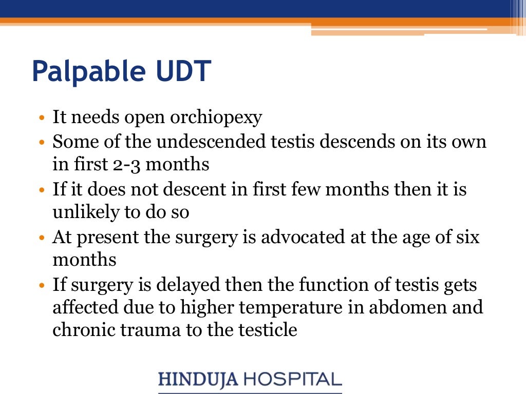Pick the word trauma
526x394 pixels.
(146, 330)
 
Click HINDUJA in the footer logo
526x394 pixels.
(197, 380)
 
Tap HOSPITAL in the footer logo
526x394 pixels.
(292, 380)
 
